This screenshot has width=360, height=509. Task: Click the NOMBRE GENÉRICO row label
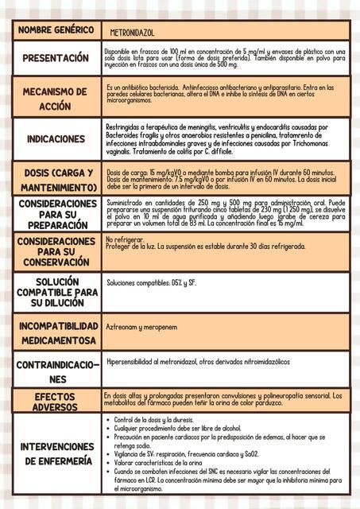(55, 30)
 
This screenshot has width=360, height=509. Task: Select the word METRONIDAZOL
(133, 33)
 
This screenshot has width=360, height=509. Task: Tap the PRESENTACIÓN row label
(56, 58)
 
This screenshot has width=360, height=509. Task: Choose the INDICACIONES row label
(56, 139)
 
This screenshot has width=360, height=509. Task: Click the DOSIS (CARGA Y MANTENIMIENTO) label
(56, 180)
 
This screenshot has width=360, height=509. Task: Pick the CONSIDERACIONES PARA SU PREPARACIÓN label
(56, 214)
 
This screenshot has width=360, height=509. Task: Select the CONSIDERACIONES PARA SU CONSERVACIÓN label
(56, 251)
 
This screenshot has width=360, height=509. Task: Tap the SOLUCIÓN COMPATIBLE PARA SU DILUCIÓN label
(56, 292)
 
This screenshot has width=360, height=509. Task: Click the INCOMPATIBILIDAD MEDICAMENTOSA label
(56, 333)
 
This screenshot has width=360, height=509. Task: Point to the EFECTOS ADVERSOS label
(56, 402)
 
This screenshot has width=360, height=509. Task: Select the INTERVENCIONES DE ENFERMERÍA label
(56, 453)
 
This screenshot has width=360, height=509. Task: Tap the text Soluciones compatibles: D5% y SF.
(151, 282)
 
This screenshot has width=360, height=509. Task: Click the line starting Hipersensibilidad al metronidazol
(198, 361)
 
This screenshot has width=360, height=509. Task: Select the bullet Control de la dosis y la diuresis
(159, 420)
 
